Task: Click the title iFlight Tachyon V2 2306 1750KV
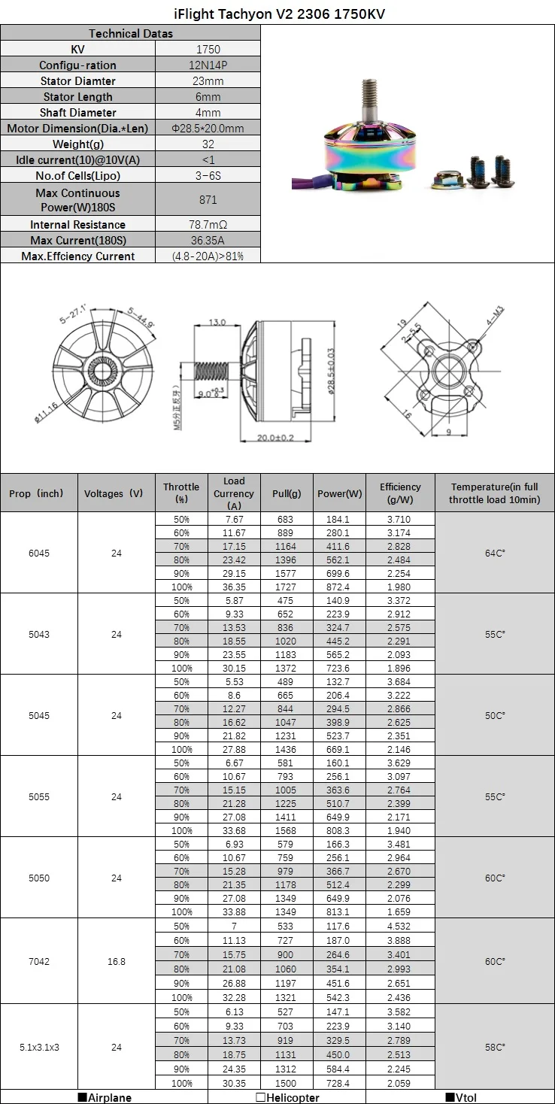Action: point(280,14)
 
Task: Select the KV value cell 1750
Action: point(208,50)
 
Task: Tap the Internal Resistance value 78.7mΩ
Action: point(208,225)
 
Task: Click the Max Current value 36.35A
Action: point(208,241)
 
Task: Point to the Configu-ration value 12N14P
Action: point(208,65)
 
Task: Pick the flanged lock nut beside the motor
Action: point(447,180)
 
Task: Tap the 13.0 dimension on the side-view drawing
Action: point(217,323)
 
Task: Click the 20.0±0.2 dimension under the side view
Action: point(275,438)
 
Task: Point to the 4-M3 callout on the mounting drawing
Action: point(495,315)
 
